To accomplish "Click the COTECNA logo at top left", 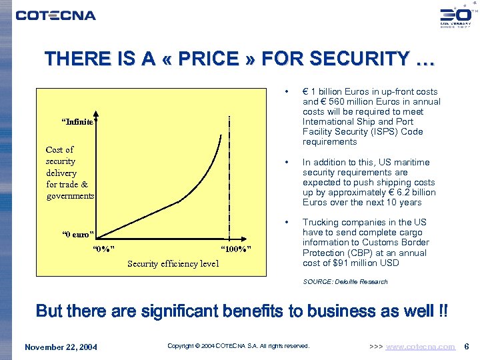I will [x=55, y=15].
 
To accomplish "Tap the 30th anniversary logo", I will [x=455, y=17].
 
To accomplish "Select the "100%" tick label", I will [x=235, y=249].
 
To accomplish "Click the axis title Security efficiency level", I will [x=173, y=263].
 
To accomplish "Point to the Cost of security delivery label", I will [x=69, y=173].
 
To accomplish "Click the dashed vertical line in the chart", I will [x=229, y=180].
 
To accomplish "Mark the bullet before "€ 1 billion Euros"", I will [x=286, y=92].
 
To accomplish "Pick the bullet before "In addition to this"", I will [x=286, y=162].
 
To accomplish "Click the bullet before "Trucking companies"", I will [x=286, y=222].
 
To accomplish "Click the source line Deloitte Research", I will [x=345, y=282].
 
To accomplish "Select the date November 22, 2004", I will [x=61, y=347].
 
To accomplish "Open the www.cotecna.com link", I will [x=421, y=347].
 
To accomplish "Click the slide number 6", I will [x=467, y=347].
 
